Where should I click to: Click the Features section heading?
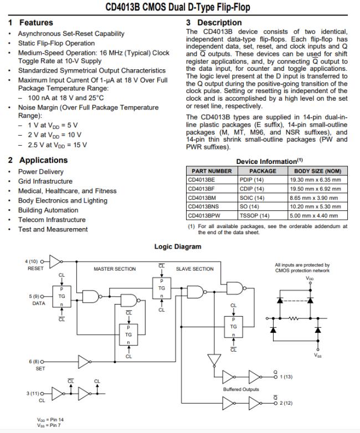[36, 23]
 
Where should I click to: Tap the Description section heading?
[219, 23]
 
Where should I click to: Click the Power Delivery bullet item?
[40, 172]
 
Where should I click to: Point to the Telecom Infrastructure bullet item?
[52, 220]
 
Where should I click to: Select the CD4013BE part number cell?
[201, 180]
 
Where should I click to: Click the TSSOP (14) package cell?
[255, 215]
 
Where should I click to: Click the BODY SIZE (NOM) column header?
[317, 171]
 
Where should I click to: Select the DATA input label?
[37, 304]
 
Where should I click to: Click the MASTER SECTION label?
[114, 269]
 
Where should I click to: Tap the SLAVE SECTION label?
[194, 269]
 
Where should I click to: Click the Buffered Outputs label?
[240, 389]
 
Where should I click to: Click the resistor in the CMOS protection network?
[295, 318]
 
